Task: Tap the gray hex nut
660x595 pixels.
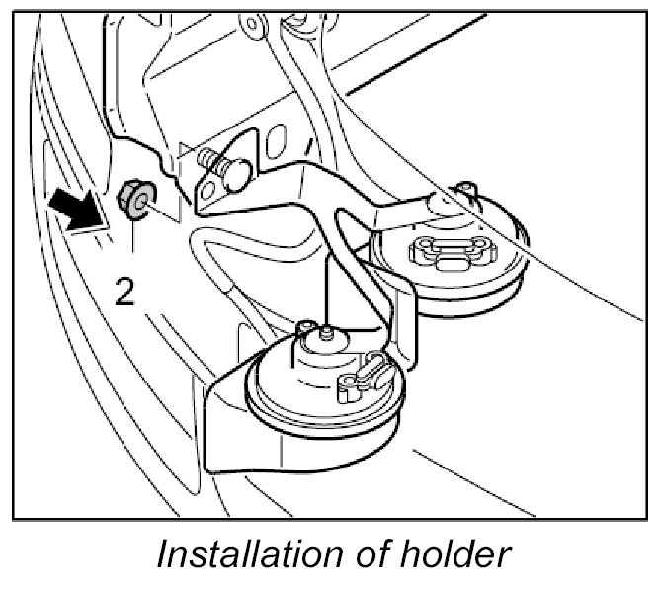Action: click(134, 199)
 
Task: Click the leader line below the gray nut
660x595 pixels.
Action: click(134, 242)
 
